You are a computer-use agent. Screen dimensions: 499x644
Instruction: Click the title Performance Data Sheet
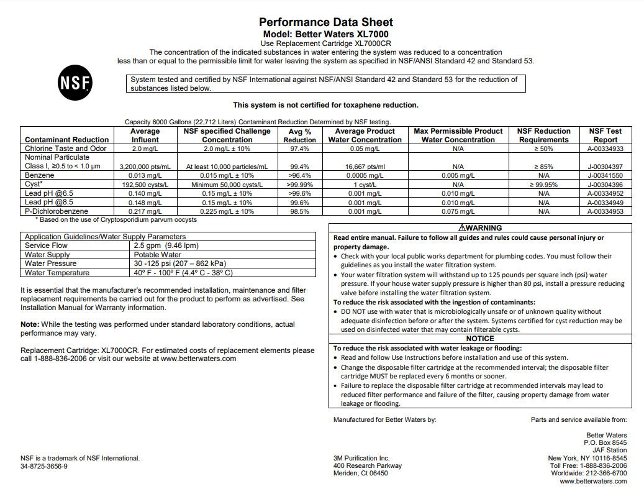click(326, 22)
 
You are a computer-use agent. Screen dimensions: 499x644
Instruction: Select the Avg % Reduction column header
click(300, 135)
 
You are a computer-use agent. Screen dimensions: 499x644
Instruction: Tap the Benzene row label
click(39, 176)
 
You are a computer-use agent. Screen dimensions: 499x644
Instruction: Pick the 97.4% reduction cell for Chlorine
click(300, 149)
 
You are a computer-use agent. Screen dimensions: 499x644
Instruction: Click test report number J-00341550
click(605, 176)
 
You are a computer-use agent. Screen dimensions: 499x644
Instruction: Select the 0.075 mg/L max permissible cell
click(458, 212)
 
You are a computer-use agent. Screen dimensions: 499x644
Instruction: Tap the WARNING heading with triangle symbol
click(479, 228)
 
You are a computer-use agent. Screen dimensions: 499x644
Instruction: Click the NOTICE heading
click(480, 339)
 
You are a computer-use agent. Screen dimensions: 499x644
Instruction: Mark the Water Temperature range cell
click(183, 273)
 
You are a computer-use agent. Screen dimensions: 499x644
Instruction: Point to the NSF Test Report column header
click(605, 135)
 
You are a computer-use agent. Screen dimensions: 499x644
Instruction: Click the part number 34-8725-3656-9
click(44, 466)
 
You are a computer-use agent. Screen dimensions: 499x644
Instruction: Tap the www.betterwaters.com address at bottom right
click(593, 481)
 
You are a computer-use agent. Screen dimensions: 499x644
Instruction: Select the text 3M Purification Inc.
click(361, 459)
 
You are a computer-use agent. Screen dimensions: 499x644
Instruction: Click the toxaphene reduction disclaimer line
click(325, 105)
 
